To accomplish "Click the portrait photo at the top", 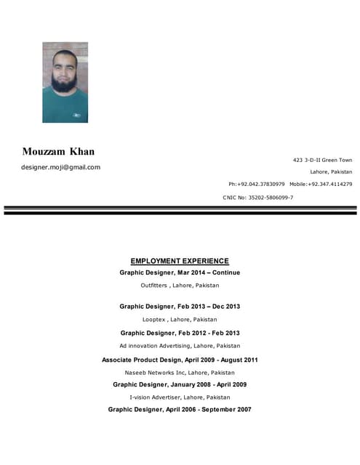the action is [x=65, y=82].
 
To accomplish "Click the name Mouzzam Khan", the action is [x=58, y=152].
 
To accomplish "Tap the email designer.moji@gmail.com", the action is [x=60, y=167].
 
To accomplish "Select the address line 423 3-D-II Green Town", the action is [x=322, y=160].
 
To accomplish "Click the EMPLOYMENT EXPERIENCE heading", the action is [x=180, y=261].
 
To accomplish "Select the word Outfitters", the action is [x=154, y=286].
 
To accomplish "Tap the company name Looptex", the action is [x=154, y=319].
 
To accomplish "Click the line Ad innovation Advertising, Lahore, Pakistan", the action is [x=180, y=346].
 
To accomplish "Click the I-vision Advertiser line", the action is [x=180, y=397].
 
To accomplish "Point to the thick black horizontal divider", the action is [x=180, y=212].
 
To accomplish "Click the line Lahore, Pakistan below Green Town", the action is [x=331, y=172].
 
